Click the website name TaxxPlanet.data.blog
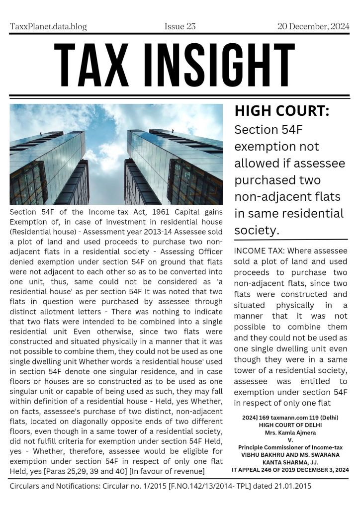tap(49, 26)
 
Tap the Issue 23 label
tap(180, 26)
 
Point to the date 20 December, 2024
tap(313, 26)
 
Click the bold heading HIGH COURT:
tap(281, 112)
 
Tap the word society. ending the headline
tap(257, 230)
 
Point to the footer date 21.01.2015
tap(293, 486)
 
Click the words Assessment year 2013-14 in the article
tap(127, 231)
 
